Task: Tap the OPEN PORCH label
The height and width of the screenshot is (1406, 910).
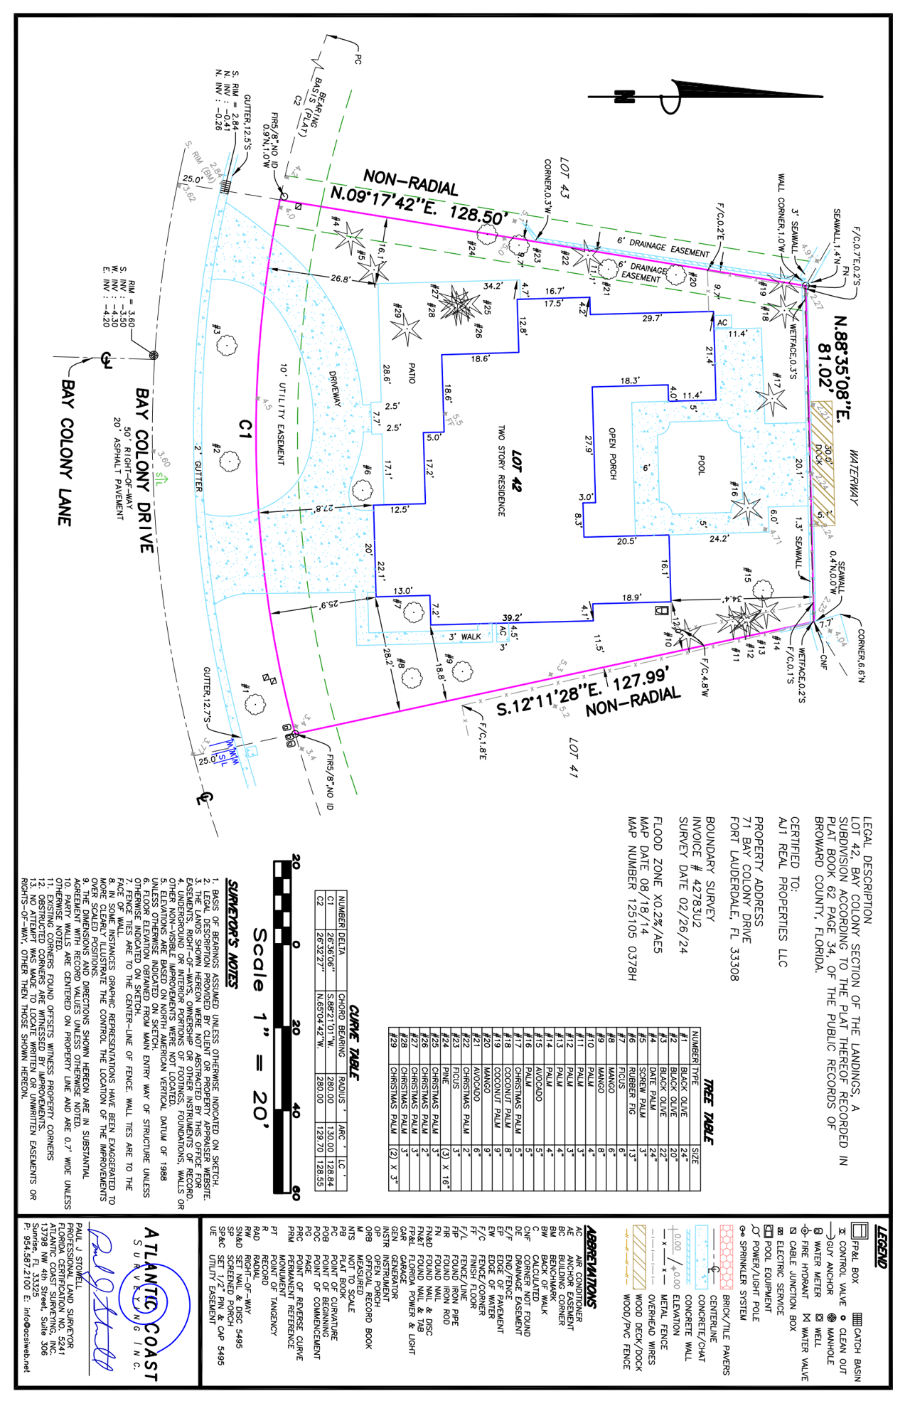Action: [x=612, y=453]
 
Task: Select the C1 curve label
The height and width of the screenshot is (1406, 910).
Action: [x=245, y=429]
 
